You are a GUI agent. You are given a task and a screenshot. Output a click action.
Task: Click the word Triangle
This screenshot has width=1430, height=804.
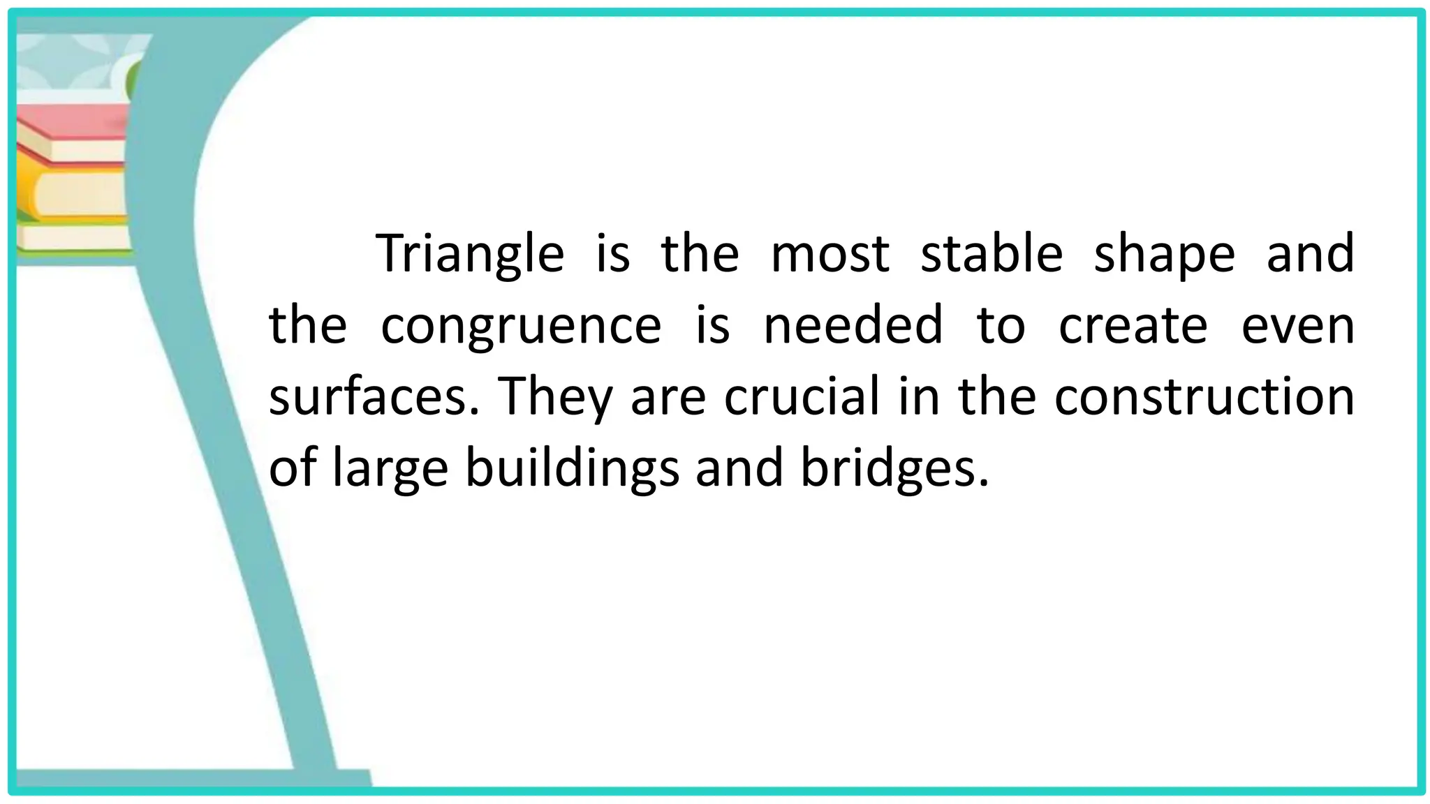(x=470, y=254)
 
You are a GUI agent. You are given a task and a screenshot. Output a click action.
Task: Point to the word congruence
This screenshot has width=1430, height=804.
(x=521, y=326)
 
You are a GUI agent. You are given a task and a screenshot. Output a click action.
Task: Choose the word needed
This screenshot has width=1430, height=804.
(x=853, y=325)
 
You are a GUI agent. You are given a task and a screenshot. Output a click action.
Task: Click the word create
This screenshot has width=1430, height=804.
(x=1133, y=326)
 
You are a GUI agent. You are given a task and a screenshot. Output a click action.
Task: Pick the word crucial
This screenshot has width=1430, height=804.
(x=802, y=396)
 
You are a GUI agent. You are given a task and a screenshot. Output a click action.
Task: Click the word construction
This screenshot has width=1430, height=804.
(x=1204, y=396)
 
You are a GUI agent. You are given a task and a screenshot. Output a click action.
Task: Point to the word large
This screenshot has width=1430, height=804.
(x=390, y=469)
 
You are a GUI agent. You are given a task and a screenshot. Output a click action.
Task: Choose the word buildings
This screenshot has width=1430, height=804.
(x=572, y=469)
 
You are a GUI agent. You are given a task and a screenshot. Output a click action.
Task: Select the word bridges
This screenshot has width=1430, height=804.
(x=894, y=469)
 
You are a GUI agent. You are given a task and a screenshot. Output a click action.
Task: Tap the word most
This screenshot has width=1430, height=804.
(x=830, y=254)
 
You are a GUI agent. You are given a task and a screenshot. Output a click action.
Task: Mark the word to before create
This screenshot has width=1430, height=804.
(x=1001, y=326)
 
